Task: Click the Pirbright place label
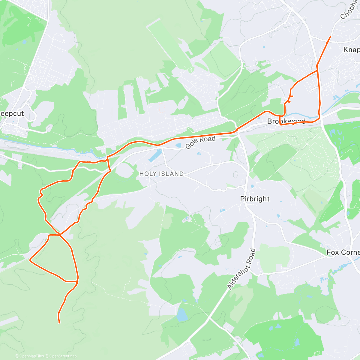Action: click(255, 199)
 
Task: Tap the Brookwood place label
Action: click(286, 121)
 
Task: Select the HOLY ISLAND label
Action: click(161, 174)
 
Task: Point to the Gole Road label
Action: click(200, 142)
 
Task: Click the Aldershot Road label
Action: click(241, 269)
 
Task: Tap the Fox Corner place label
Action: click(343, 252)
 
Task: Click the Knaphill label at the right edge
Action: click(351, 50)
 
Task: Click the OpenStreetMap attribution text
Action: click(63, 356)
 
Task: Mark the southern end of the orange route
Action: click(59, 323)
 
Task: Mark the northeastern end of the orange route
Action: click(330, 37)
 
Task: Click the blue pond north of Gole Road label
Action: click(178, 145)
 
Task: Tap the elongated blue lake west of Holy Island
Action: click(154, 155)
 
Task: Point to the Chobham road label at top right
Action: click(348, 10)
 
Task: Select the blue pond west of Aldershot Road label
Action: click(181, 315)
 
